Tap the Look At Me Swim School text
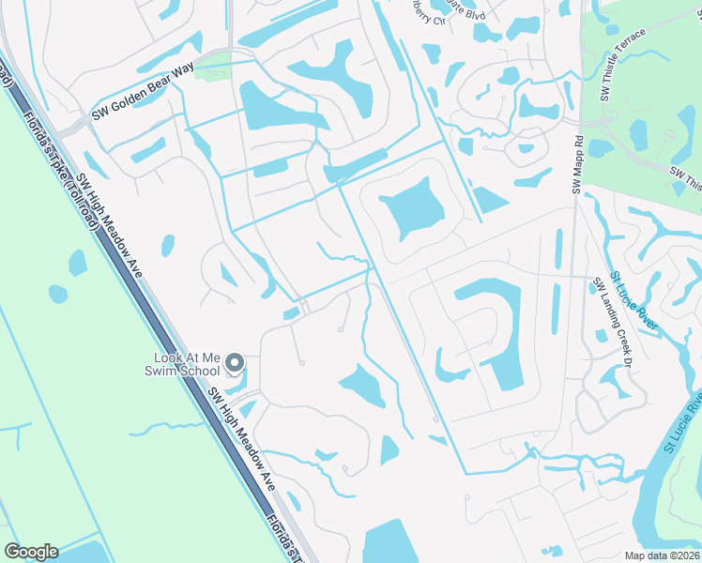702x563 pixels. click(x=188, y=364)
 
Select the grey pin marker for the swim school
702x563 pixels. click(x=236, y=362)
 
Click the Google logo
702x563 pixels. click(x=30, y=552)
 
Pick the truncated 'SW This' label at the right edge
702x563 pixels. click(x=686, y=175)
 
